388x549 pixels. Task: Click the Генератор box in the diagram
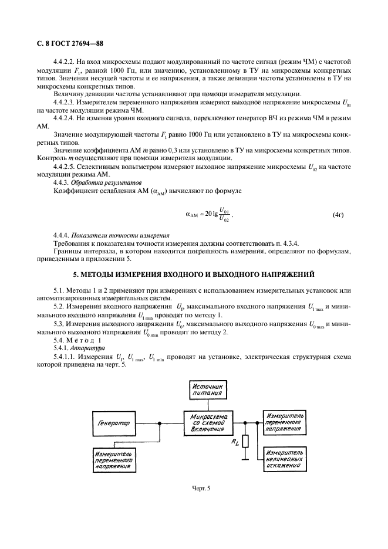click(113, 422)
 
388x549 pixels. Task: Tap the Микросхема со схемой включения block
click(208, 423)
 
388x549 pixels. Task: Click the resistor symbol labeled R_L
click(246, 441)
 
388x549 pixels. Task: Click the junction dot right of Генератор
click(160, 422)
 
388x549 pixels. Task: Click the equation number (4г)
click(338, 215)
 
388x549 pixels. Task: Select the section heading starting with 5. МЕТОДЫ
click(194, 274)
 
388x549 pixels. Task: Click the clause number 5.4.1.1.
click(67, 356)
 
